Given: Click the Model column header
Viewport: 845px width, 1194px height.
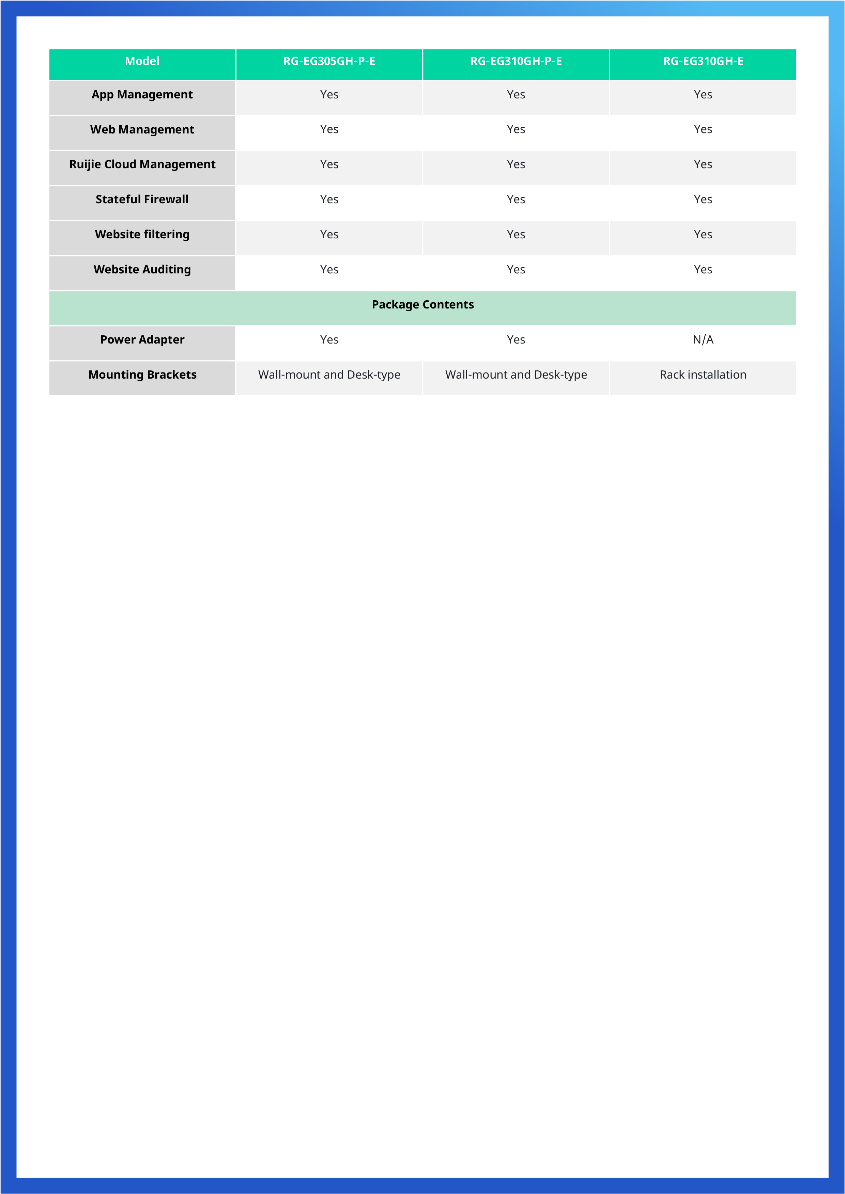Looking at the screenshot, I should coord(142,61).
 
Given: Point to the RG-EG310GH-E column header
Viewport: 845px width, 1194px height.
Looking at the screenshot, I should coord(703,61).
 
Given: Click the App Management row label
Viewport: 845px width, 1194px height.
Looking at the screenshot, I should coord(142,95).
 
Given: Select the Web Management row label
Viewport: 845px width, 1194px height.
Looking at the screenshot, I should coord(142,129).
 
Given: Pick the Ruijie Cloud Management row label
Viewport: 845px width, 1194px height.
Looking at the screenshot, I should coord(142,164).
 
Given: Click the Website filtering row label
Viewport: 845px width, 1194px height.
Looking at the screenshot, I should coord(142,235).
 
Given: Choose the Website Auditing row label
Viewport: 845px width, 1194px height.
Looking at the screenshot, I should coord(142,269).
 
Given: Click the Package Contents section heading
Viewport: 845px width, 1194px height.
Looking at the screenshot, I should coord(422,305).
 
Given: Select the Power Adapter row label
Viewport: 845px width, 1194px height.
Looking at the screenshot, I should coord(142,339).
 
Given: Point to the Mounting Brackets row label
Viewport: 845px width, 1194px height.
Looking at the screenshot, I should coord(142,375).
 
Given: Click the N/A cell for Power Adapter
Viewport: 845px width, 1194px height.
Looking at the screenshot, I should coord(703,339).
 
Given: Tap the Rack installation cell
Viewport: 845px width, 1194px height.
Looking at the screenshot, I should coord(703,375).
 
